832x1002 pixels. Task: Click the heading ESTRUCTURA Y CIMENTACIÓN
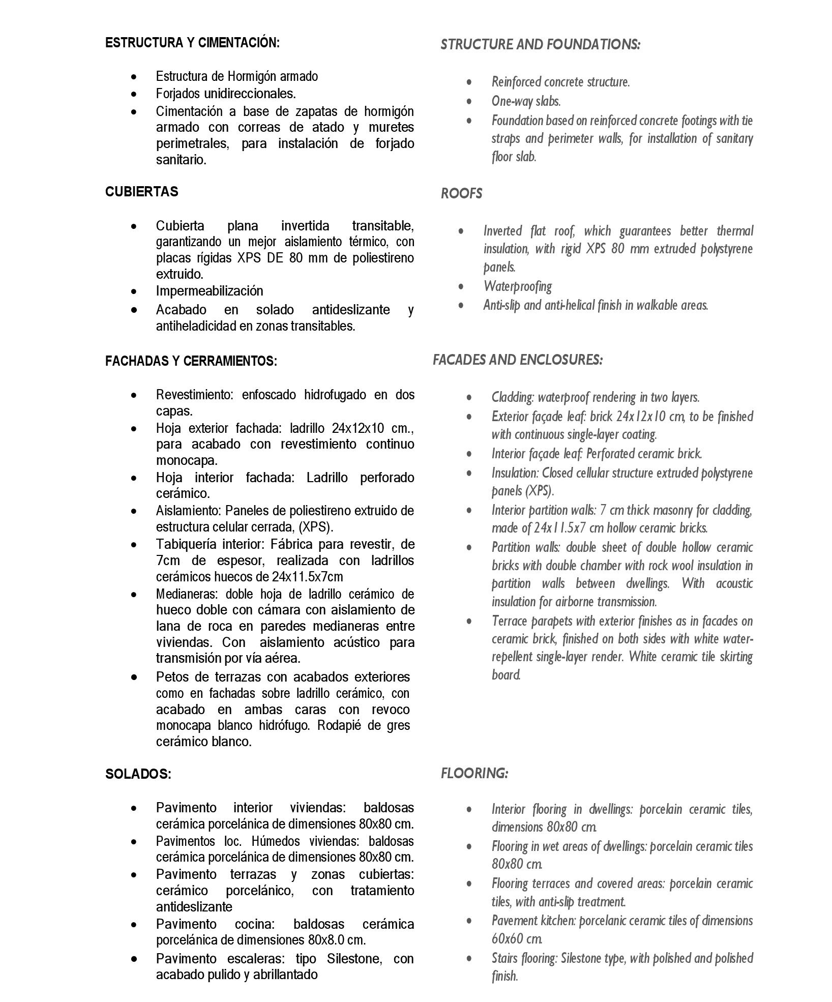click(x=192, y=43)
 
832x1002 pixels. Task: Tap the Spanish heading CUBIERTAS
click(x=141, y=192)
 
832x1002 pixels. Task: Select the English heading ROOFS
click(x=461, y=194)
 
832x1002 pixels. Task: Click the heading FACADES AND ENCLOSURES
click(x=518, y=360)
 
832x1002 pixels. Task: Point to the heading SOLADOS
click(x=138, y=774)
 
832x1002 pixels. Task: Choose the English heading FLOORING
click(x=474, y=774)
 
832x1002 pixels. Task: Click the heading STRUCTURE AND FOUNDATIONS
click(x=540, y=45)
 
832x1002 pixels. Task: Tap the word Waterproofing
click(x=518, y=286)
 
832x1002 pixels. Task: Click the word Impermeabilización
click(x=210, y=291)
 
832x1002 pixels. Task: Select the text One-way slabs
click(x=526, y=101)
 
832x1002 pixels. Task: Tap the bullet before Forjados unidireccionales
click(x=134, y=95)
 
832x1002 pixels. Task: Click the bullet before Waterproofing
click(x=461, y=287)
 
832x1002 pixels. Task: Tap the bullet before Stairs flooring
click(x=469, y=959)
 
